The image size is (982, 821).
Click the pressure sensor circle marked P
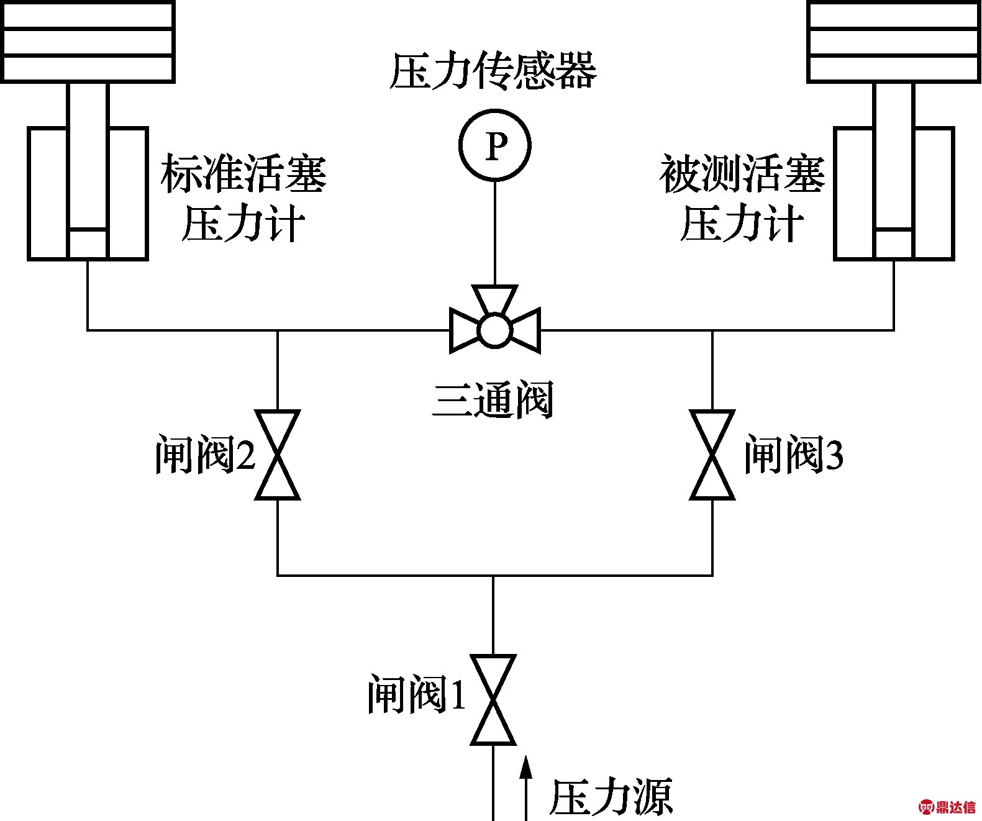495,145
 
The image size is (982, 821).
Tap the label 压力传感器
493,71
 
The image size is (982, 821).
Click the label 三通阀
493,399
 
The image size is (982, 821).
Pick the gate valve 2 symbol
278,455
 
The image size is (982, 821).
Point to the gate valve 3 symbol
712,455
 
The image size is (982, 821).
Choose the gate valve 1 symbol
493,699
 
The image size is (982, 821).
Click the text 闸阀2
205,455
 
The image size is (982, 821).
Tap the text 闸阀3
794,455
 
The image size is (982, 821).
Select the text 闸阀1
416,694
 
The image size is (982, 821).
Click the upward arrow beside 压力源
526,786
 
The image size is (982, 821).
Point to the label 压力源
611,797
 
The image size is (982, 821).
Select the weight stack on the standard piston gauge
88,42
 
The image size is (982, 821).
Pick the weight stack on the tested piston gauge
894,42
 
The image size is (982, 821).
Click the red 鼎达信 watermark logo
947,807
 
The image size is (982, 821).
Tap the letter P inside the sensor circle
496,147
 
